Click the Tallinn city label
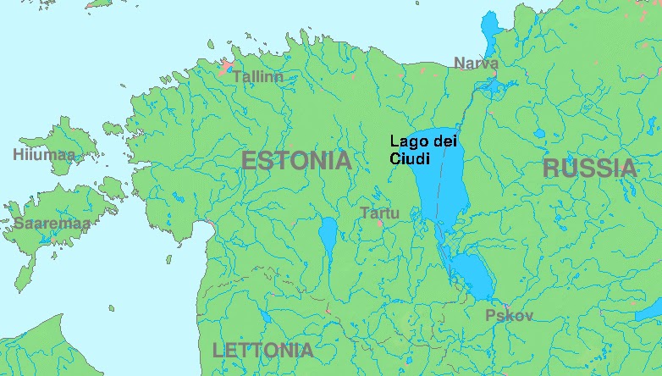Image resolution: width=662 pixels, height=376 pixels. (x=257, y=76)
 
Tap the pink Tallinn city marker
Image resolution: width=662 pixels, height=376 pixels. (x=226, y=67)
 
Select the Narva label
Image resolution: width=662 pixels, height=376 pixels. (x=476, y=63)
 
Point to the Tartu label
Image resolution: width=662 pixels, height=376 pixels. (x=378, y=213)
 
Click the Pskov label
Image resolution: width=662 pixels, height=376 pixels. (x=509, y=316)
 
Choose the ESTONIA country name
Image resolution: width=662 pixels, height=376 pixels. (x=296, y=160)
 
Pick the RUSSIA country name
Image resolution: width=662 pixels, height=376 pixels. (x=589, y=168)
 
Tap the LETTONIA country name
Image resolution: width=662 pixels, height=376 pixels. (x=262, y=350)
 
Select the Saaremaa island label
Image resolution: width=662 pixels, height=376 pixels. (x=51, y=224)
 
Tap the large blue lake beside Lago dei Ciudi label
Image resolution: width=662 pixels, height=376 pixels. (x=444, y=182)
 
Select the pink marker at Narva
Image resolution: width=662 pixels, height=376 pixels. (x=493, y=75)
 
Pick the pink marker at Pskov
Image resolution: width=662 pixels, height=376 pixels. (x=505, y=305)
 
